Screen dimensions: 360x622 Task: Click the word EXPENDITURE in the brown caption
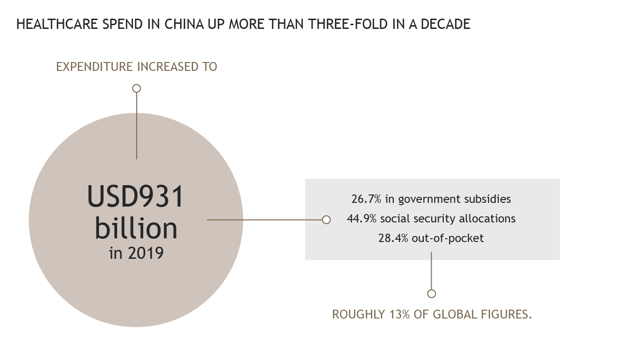tap(94, 67)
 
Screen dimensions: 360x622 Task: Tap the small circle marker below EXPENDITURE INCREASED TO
tap(136, 88)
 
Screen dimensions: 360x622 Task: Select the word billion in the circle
tap(136, 228)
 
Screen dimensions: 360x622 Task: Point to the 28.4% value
tap(393, 238)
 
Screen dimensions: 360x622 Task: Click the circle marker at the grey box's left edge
tap(326, 219)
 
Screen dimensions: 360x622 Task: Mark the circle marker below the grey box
tap(431, 293)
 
